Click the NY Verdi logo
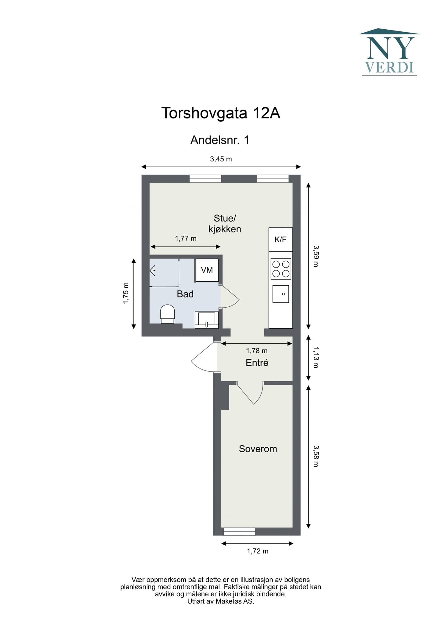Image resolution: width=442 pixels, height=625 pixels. click(389, 52)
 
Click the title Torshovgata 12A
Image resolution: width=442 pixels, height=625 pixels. click(221, 113)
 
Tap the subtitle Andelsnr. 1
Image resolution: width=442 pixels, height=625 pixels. click(220, 140)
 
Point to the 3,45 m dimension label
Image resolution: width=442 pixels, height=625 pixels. click(221, 159)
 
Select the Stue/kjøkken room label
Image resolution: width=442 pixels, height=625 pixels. click(225, 224)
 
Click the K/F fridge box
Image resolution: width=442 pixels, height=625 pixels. click(281, 239)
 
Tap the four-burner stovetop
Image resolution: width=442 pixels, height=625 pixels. click(281, 269)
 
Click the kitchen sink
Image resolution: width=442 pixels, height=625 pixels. click(281, 294)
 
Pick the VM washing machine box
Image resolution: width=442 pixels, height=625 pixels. click(207, 270)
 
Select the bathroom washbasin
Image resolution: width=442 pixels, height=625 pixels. click(207, 320)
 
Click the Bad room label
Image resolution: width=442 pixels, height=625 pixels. click(185, 294)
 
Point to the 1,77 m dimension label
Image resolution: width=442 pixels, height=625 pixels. click(186, 238)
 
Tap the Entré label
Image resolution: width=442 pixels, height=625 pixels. click(257, 363)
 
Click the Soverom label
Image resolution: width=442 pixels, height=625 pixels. click(258, 449)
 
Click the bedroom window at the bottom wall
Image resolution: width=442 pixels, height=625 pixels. click(239, 531)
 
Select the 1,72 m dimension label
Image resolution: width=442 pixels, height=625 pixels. click(258, 551)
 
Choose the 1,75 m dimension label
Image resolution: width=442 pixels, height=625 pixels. click(126, 293)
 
